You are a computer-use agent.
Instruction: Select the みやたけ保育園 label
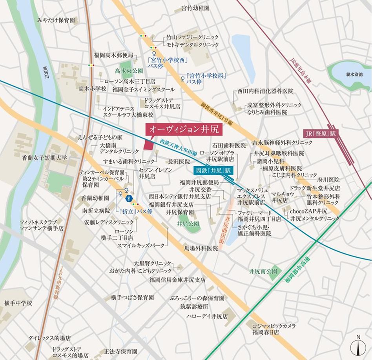click(x=56, y=20)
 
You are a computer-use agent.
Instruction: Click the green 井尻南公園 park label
click(x=263, y=271)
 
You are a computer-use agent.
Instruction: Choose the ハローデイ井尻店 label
click(x=207, y=316)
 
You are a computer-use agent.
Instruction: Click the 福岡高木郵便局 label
click(x=113, y=55)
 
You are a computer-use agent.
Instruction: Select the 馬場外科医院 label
click(x=201, y=248)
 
